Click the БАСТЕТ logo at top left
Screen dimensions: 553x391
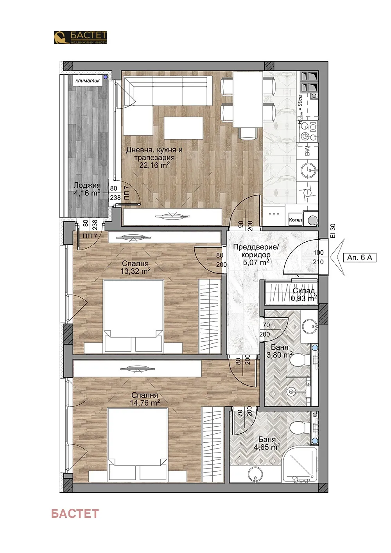pos(80,38)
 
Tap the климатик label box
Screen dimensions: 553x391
pos(88,81)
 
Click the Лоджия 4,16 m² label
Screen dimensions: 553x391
pos(87,189)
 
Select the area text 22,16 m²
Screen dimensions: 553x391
pos(154,165)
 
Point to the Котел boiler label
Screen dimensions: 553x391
pos(295,220)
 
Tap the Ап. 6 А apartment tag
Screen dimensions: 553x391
pos(359,257)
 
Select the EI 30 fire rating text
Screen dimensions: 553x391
pos(333,231)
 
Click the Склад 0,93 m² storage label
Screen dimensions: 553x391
pos(304,294)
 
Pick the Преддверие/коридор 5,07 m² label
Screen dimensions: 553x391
pos(256,255)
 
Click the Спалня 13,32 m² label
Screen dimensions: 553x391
pos(135,267)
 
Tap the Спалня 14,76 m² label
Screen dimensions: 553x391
pos(145,399)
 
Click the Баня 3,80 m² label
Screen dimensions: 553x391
pos(280,351)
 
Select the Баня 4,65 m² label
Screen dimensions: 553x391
pos(267,443)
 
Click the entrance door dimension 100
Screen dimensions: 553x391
pos(318,253)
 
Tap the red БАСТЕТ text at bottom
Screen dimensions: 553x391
pos(75,513)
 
